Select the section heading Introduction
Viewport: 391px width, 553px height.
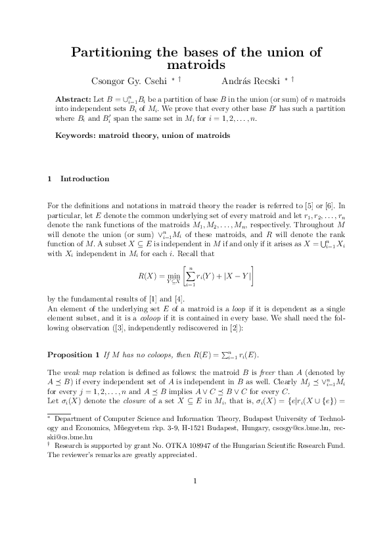pos(85,179)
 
